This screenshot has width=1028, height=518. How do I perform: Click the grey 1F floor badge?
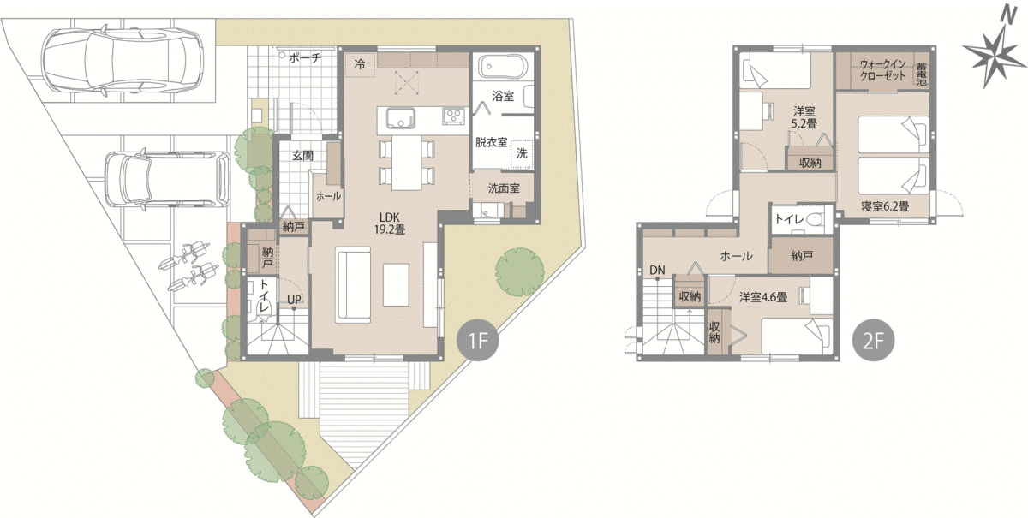tap(478, 341)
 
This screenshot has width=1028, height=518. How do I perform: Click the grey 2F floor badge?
tap(873, 341)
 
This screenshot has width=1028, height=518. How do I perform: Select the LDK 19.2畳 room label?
tap(390, 223)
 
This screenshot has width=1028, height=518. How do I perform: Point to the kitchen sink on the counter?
tap(401, 118)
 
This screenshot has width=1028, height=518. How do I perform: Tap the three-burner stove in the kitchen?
tap(455, 116)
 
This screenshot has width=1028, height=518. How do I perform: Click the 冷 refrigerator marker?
tap(360, 65)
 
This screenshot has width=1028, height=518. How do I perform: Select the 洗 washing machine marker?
tap(522, 153)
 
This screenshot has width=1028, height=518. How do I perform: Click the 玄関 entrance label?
tap(303, 156)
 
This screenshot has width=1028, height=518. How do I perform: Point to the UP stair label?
tap(294, 300)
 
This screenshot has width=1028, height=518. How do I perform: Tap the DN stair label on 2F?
tap(657, 271)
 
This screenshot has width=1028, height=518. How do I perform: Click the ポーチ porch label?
tap(305, 58)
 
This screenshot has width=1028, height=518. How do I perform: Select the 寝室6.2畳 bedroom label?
tap(885, 206)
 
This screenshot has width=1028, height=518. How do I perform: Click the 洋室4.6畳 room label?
tap(763, 297)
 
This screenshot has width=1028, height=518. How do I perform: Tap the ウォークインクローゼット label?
tap(883, 70)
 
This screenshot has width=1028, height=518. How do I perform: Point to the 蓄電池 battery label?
tap(921, 74)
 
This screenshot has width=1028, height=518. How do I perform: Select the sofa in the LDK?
tap(353, 285)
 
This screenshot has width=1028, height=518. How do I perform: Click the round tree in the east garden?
tap(519, 271)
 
